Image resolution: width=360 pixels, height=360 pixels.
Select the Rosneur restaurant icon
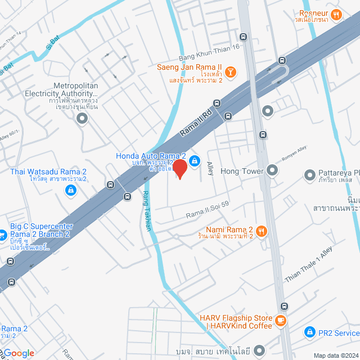click(x=336, y=15)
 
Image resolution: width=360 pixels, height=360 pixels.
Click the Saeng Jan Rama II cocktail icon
click(x=231, y=73)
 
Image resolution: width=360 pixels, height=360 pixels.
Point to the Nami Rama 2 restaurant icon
click(x=261, y=231)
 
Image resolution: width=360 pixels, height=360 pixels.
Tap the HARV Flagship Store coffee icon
click(x=280, y=321)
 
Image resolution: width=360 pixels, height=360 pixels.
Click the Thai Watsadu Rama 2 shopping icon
click(x=71, y=191)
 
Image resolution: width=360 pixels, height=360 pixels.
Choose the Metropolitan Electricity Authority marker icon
click(x=83, y=118)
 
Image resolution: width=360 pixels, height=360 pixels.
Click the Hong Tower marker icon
click(x=272, y=169)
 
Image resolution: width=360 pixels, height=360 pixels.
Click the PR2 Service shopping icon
click(x=309, y=332)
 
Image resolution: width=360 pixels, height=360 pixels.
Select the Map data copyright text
click(x=336, y=355)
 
